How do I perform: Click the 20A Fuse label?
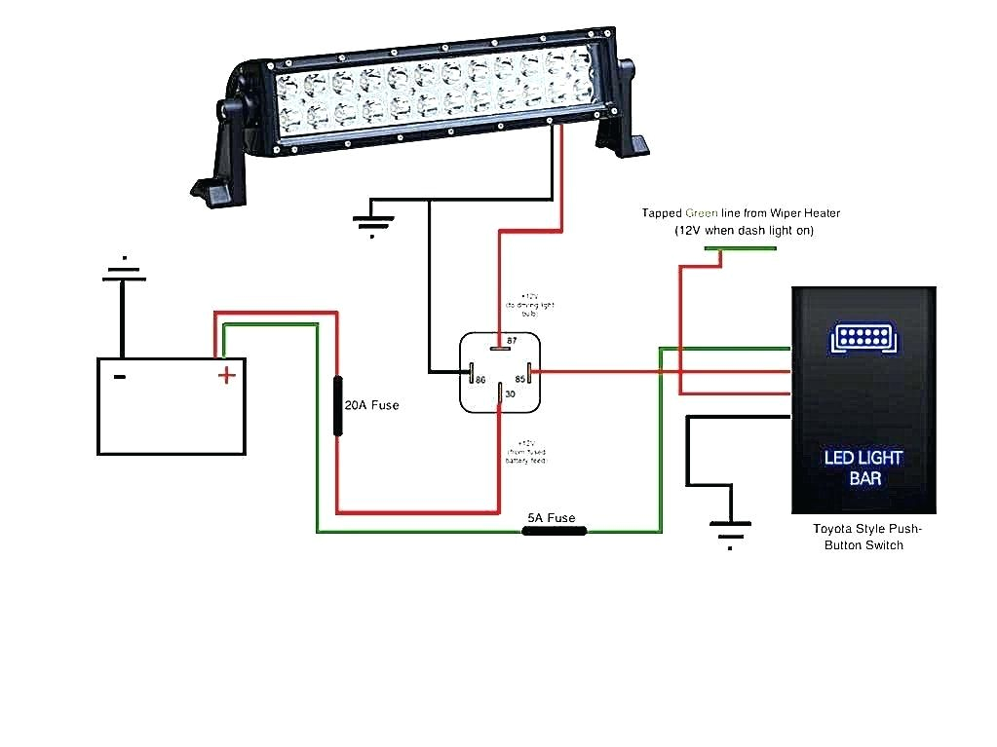click(x=372, y=405)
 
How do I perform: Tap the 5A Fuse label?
click(x=552, y=518)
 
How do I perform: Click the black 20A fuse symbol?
click(x=338, y=404)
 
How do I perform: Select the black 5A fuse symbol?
click(x=555, y=532)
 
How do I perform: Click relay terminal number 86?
click(x=480, y=379)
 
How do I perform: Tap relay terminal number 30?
click(x=510, y=394)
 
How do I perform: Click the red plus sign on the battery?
click(x=226, y=374)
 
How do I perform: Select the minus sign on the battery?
click(x=119, y=376)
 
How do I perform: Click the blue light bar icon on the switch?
click(x=863, y=339)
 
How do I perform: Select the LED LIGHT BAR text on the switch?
click(x=863, y=467)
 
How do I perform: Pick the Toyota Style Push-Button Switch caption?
click(x=866, y=537)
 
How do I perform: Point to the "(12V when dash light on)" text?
click(x=744, y=231)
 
